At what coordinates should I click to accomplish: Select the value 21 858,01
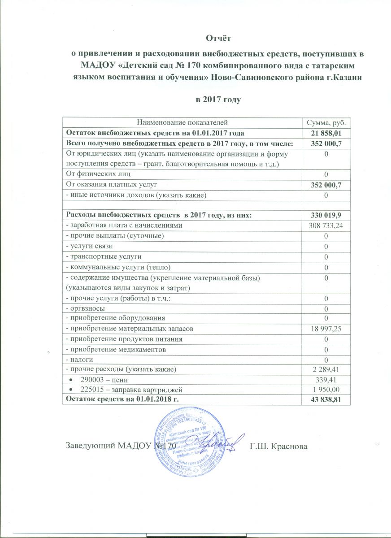click(x=325, y=133)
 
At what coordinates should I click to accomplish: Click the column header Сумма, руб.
click(x=325, y=122)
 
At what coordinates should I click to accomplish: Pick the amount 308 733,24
click(x=325, y=226)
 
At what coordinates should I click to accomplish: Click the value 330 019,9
click(x=325, y=216)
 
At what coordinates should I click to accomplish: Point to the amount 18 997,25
click(x=325, y=329)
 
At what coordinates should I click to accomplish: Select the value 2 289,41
click(x=325, y=369)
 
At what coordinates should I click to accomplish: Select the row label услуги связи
click(x=87, y=246)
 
